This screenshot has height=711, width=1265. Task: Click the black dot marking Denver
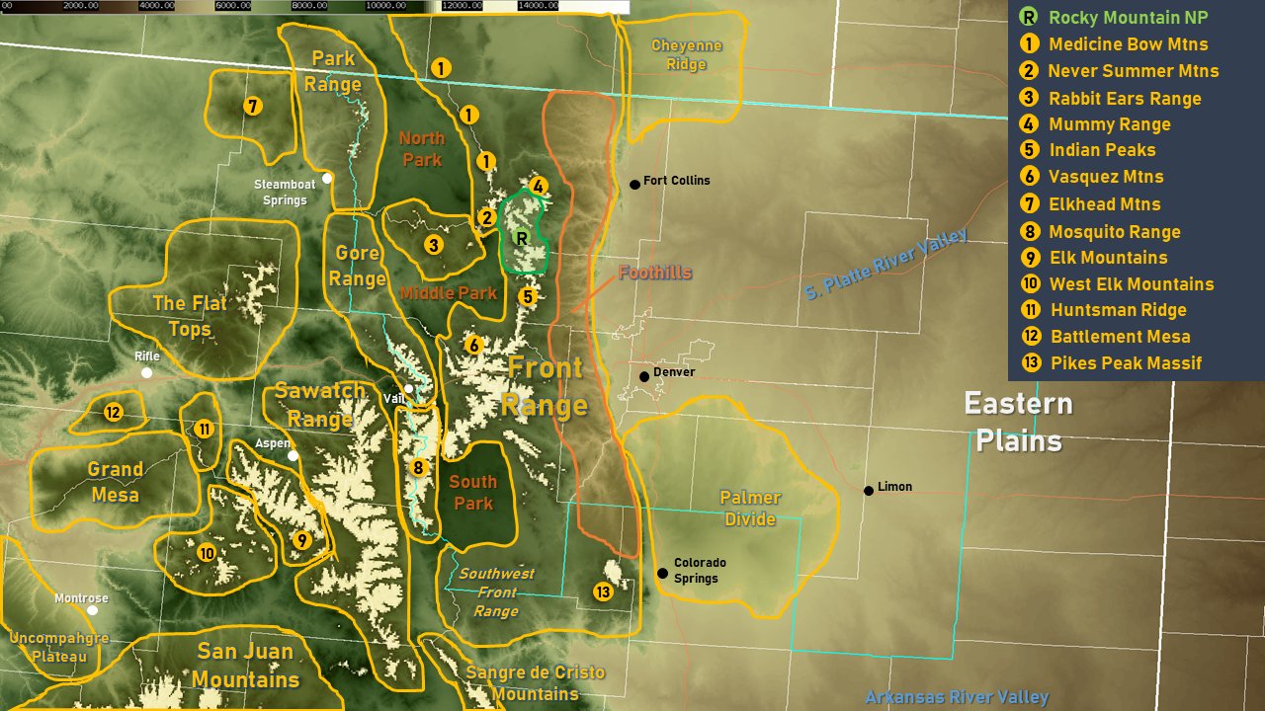pyautogui.click(x=644, y=376)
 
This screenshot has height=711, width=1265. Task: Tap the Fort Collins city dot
pyautogui.click(x=634, y=184)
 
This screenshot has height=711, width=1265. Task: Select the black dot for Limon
pyautogui.click(x=869, y=490)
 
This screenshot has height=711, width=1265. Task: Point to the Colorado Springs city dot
pyautogui.click(x=662, y=573)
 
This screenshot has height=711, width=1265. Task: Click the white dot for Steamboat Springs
pyautogui.click(x=326, y=178)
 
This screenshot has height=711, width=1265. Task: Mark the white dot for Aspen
pyautogui.click(x=293, y=456)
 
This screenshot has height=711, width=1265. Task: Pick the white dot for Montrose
pyautogui.click(x=93, y=610)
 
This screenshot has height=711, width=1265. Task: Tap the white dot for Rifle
pyautogui.click(x=146, y=372)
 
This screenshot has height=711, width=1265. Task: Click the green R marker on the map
pyautogui.click(x=522, y=238)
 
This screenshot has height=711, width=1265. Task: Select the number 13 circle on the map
pyautogui.click(x=603, y=592)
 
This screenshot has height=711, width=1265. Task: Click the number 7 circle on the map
pyautogui.click(x=253, y=106)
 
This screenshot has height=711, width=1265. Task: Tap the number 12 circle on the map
pyautogui.click(x=113, y=413)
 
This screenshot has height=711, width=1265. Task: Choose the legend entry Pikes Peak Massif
pyautogui.click(x=1126, y=362)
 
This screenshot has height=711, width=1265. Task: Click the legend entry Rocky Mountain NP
pyautogui.click(x=1128, y=18)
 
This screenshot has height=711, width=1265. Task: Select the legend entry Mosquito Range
pyautogui.click(x=1114, y=232)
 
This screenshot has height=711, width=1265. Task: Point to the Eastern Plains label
pyautogui.click(x=1018, y=422)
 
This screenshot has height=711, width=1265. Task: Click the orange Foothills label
pyautogui.click(x=654, y=273)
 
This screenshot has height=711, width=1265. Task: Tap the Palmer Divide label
pyautogui.click(x=750, y=508)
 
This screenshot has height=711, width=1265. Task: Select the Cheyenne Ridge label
pyautogui.click(x=686, y=55)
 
